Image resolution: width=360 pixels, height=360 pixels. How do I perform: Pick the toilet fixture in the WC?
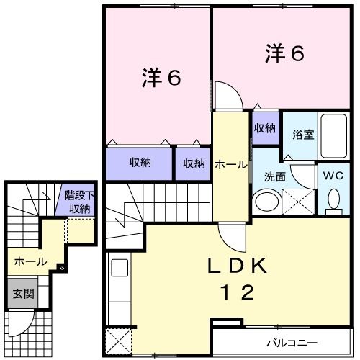pyautogui.click(x=333, y=198)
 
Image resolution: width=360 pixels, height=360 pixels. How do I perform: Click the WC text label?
pyautogui.click(x=333, y=175)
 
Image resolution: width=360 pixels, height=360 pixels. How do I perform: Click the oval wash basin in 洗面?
pyautogui.click(x=266, y=200)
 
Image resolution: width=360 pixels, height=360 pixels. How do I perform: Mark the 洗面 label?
pyautogui.click(x=275, y=175)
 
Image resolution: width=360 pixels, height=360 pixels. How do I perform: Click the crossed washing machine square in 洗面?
pyautogui.click(x=297, y=199)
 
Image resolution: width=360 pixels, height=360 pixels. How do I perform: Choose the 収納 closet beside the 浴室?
pyautogui.click(x=264, y=128)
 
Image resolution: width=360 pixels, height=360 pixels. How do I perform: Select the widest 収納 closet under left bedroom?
pyautogui.click(x=140, y=163)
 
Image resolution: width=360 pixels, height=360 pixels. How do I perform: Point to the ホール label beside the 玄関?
pyautogui.click(x=30, y=261)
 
